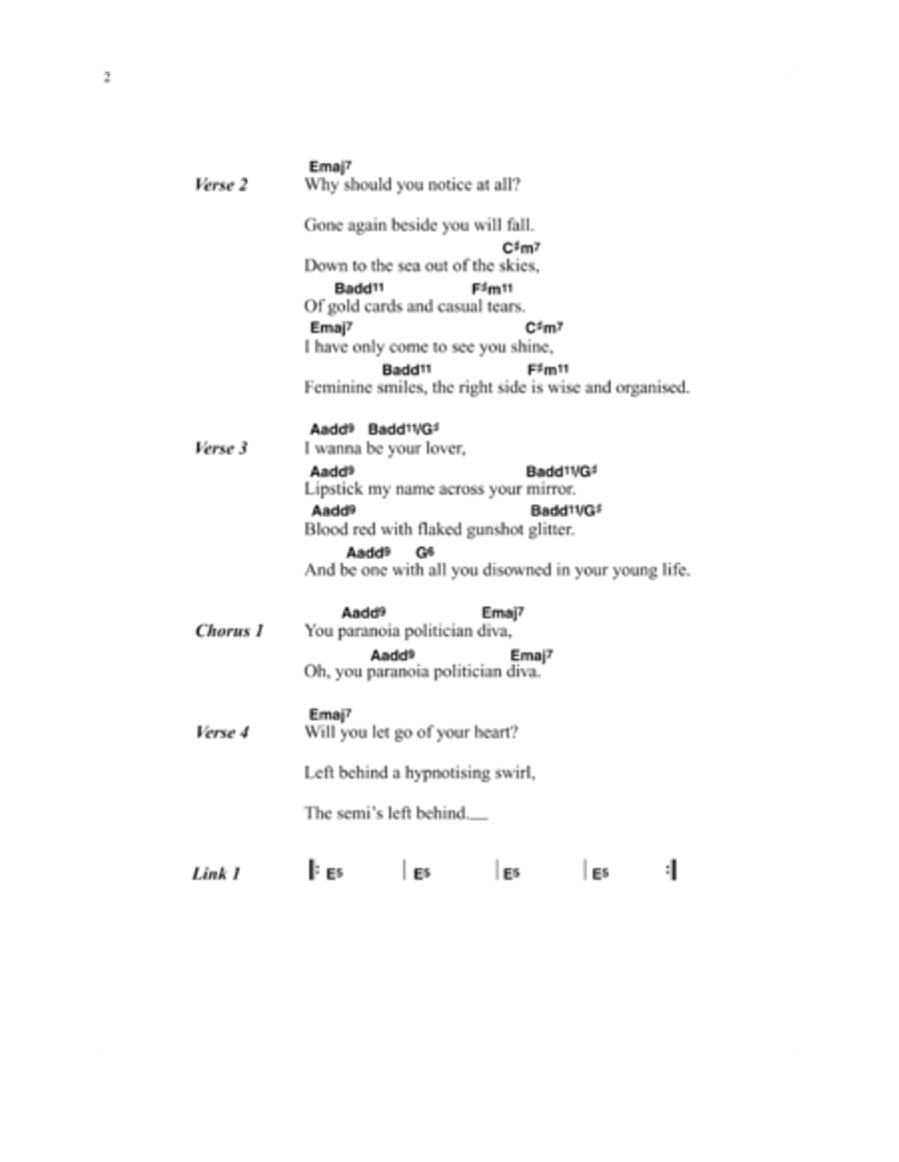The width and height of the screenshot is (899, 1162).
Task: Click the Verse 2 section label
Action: coord(221,185)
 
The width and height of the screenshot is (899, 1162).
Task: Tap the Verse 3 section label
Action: coord(221,448)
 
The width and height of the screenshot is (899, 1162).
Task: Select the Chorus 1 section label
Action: coord(230,631)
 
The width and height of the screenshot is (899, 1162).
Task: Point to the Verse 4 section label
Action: coord(221,733)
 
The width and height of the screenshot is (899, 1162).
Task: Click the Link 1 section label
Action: coord(216,874)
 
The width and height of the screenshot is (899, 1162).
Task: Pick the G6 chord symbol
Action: coord(425,552)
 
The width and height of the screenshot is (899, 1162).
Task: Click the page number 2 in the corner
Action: coord(107,77)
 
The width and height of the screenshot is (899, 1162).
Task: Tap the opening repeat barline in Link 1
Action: coord(313,871)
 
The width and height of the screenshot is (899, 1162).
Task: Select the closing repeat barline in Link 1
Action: coord(671,871)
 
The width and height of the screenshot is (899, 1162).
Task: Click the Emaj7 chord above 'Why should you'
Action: coord(331,167)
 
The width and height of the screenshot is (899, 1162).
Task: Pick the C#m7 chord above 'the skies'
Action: coord(521,248)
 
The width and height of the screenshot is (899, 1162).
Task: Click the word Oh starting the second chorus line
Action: coord(316,672)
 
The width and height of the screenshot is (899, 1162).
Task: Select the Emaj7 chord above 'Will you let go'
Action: coord(331,715)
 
